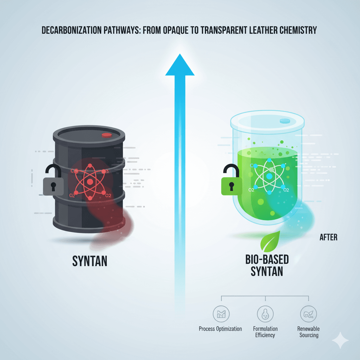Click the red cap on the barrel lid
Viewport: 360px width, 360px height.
(106, 135)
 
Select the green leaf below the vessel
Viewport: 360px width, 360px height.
(270, 242)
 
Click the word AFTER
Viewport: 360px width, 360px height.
(328, 237)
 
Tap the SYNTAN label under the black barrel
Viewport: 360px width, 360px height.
(90, 261)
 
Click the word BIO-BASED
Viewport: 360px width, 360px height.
(266, 260)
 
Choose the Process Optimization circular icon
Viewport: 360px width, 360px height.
(221, 313)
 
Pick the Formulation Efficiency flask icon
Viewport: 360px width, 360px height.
(265, 313)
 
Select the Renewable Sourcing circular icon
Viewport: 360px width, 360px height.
(308, 313)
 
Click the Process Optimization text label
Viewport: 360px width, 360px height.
(220, 329)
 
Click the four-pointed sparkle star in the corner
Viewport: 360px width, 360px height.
(340, 340)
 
